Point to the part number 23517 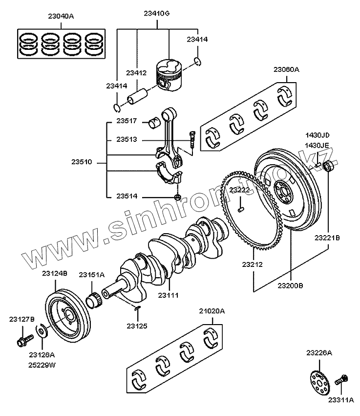coord(126,121)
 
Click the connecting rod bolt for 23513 coord(192,140)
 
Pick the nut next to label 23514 coord(178,197)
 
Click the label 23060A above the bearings coord(286,69)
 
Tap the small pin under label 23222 coord(241,210)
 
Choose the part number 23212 coord(253,264)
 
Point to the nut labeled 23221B coord(329,166)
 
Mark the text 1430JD coord(318,135)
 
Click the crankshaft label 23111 coord(168,295)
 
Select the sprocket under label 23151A coord(95,299)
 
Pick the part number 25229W coord(42,365)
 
